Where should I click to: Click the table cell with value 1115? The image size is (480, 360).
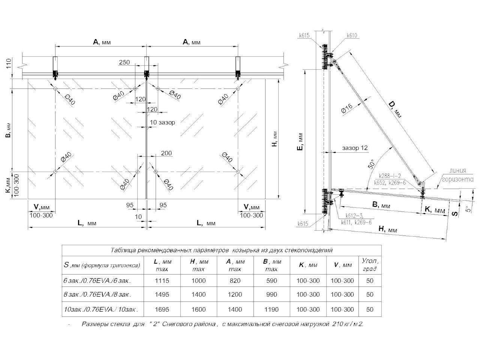(x=162, y=280)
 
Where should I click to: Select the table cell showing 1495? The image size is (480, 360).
(x=162, y=295)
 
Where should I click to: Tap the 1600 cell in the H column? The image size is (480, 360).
(x=198, y=309)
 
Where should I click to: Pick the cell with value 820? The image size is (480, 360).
(x=235, y=280)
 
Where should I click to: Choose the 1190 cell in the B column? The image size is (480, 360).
(x=271, y=309)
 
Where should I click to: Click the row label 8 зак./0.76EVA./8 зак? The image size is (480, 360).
(x=97, y=295)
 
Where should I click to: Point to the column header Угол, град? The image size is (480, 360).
(x=370, y=264)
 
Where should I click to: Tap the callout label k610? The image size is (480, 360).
(x=352, y=36)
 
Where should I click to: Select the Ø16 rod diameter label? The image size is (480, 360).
(x=346, y=109)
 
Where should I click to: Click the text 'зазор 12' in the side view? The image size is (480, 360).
(x=354, y=148)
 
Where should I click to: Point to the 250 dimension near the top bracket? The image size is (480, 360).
(x=124, y=63)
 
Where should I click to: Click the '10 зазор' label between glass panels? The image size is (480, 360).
(x=162, y=122)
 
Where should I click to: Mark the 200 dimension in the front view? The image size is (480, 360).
(x=166, y=153)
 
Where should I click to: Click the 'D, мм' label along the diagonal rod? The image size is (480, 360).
(x=395, y=109)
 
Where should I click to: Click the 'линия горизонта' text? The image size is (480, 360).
(x=457, y=176)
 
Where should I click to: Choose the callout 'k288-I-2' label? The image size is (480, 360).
(x=390, y=175)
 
